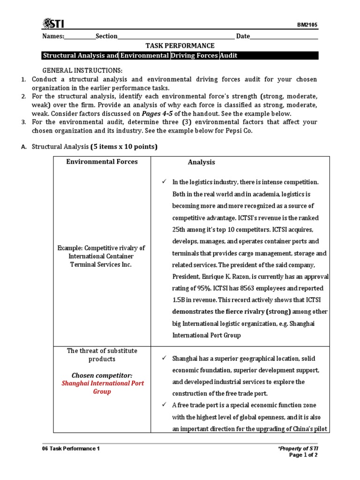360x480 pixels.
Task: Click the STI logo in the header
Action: tap(53, 23)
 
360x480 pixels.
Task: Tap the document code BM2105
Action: tap(308, 25)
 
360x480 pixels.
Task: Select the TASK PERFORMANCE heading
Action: tap(180, 45)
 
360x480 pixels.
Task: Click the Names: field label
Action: tap(53, 36)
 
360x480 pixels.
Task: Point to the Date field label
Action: tap(243, 36)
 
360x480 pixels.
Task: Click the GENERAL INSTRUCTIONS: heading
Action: tap(76, 70)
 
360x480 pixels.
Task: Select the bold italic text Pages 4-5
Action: tap(160, 113)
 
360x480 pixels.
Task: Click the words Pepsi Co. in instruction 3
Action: tap(238, 131)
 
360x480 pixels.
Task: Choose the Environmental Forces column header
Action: tap(102, 162)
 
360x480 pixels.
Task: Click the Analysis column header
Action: tap(202, 162)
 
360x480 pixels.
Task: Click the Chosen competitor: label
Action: tap(102, 375)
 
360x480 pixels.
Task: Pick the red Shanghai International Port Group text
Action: tap(103, 387)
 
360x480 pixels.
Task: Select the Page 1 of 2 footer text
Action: tap(303, 455)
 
